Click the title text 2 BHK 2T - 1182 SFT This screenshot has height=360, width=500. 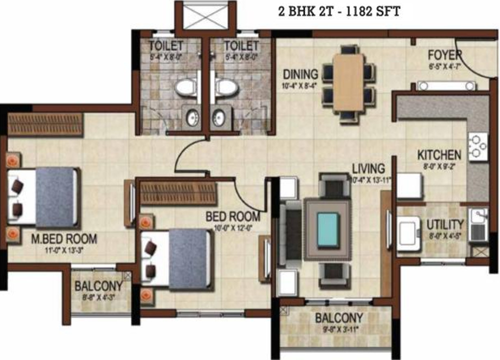coord(338,11)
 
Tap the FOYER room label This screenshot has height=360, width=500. coord(444,54)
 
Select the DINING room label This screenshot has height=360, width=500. coord(300,74)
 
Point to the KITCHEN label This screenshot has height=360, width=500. coord(439,155)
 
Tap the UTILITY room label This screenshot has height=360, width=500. coord(445,224)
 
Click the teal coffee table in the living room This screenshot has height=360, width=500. coord(327,228)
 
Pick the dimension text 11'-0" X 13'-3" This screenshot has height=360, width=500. coord(64,248)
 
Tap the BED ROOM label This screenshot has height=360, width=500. coord(233,216)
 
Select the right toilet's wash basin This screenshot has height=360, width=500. coord(218,117)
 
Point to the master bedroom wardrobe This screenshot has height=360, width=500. coord(45,124)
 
